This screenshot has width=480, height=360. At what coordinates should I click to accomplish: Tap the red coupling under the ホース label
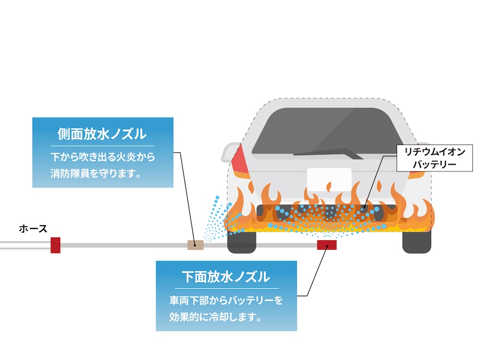(55, 245)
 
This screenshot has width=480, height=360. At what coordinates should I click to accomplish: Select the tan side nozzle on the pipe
(195, 245)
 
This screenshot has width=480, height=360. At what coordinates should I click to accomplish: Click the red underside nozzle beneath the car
(326, 245)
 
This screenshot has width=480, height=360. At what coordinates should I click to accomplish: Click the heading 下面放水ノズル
(226, 277)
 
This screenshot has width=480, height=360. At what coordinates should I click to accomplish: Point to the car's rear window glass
(326, 130)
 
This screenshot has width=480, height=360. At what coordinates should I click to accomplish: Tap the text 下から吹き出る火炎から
(103, 156)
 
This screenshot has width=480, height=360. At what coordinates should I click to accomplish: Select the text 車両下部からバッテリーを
(226, 300)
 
